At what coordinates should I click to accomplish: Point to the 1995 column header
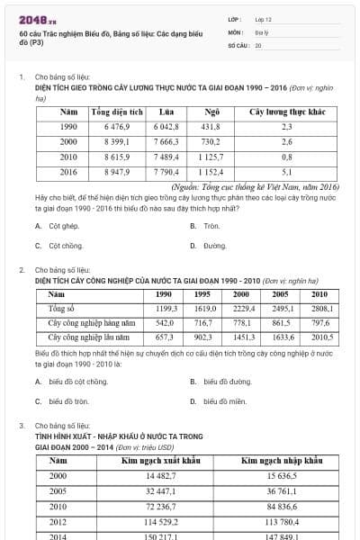[202, 293]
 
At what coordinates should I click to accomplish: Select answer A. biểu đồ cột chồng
[77, 382]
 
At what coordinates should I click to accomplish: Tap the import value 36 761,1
[282, 490]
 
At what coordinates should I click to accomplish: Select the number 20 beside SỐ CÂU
[258, 43]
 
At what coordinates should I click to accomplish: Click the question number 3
[21, 425]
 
